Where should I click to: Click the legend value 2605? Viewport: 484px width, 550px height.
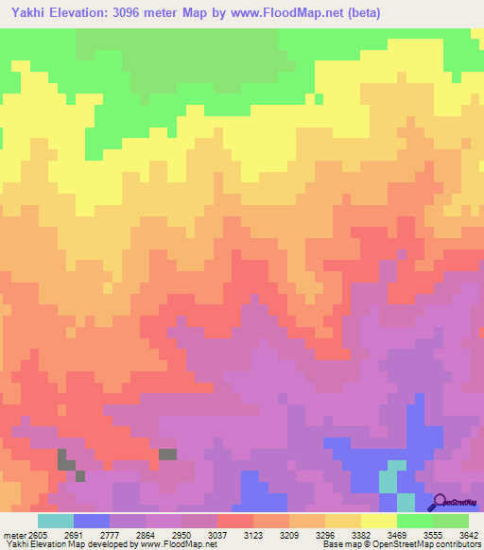[x=36, y=534]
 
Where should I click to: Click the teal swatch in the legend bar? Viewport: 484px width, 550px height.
[x=56, y=521]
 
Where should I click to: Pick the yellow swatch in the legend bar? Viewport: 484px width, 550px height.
[x=378, y=521]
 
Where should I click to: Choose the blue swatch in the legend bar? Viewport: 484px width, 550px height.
[x=92, y=521]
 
